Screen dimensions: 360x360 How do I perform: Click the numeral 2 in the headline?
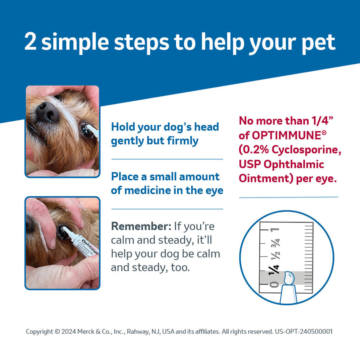point(32,42)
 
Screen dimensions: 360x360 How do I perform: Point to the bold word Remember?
point(141,226)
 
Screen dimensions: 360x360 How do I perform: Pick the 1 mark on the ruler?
point(276,229)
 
